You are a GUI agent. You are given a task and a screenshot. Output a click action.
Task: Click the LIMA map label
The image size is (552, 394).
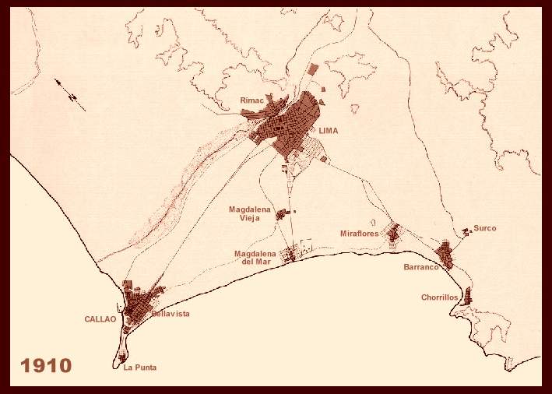329,131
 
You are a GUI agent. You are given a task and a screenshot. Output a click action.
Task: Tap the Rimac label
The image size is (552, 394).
251,100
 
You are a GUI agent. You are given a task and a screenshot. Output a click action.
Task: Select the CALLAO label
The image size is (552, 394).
100,319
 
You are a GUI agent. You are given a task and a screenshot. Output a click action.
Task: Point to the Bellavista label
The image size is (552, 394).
171,314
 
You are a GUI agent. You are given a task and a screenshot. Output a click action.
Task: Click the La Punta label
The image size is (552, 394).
140,368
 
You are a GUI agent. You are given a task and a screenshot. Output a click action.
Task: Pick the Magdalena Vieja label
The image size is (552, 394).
246,213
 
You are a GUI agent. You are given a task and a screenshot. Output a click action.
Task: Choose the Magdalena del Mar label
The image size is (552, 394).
256,257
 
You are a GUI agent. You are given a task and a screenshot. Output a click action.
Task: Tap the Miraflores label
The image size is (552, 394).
359,234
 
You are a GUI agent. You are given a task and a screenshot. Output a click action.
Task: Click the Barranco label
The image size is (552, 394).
421,267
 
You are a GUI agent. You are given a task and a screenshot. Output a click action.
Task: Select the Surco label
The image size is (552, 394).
484,228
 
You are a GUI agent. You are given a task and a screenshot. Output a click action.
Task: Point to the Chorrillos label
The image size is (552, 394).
440,297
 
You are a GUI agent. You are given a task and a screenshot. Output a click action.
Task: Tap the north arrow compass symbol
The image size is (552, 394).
70,92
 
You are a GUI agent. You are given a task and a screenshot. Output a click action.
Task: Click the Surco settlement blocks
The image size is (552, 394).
466,231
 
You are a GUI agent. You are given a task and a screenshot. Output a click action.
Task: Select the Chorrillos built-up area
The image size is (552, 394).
467,296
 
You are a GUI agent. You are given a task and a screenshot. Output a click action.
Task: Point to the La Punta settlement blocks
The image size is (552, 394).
122,357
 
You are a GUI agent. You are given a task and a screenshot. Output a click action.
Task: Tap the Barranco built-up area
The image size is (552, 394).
445,255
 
